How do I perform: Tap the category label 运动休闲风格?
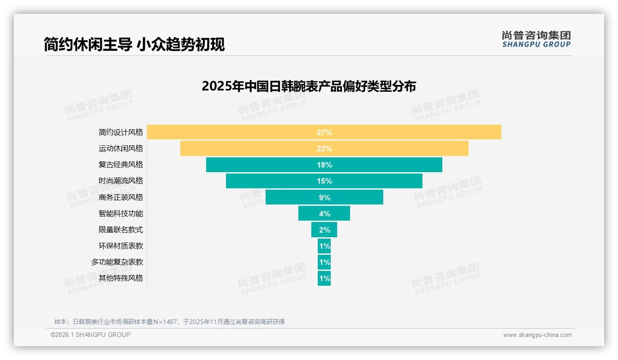click(x=121, y=149)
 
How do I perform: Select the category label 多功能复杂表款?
click(x=117, y=262)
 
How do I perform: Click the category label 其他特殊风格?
click(x=121, y=278)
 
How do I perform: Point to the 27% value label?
click(x=324, y=132)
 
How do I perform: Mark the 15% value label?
click(x=324, y=181)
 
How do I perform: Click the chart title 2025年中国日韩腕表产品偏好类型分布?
click(x=309, y=86)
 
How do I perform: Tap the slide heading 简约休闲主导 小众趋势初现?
click(x=134, y=44)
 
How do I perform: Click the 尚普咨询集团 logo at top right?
click(x=536, y=39)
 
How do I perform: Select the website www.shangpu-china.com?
click(x=537, y=335)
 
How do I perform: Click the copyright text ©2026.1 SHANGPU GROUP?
click(x=90, y=335)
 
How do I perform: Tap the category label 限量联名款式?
click(x=121, y=229)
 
